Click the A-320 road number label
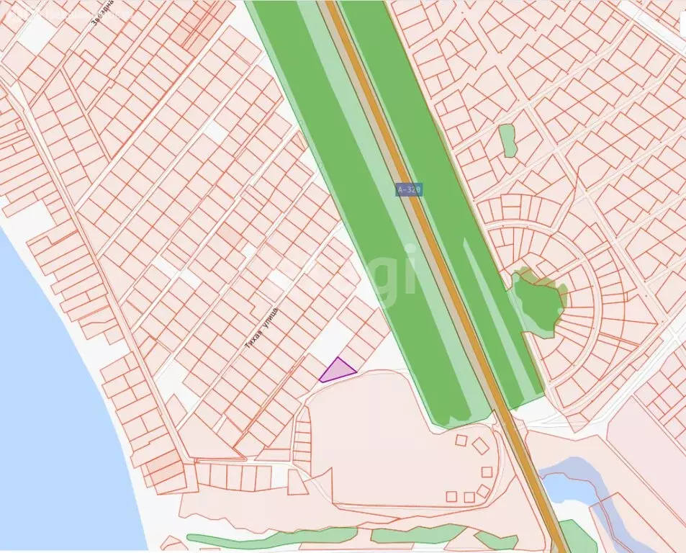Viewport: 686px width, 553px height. point(408,189)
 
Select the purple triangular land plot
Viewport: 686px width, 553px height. point(336,370)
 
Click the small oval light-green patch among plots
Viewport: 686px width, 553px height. point(508,140)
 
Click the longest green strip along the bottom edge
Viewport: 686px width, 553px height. point(274,537)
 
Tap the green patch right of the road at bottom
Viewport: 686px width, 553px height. point(576,536)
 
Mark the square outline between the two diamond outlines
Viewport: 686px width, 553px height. point(487,472)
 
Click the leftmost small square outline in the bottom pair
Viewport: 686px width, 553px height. point(451,496)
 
